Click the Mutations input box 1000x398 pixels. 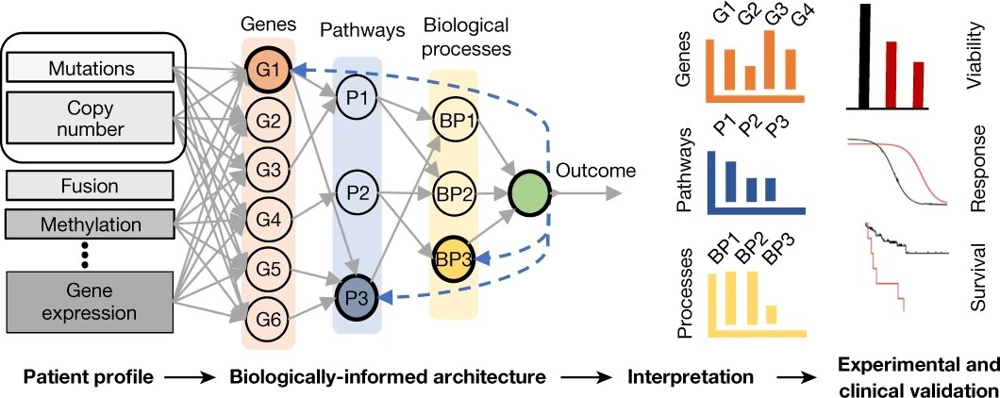(x=91, y=67)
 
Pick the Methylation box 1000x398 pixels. (x=91, y=225)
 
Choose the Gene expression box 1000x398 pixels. (x=91, y=299)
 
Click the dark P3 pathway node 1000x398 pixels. (x=355, y=298)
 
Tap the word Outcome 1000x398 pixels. (x=595, y=172)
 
